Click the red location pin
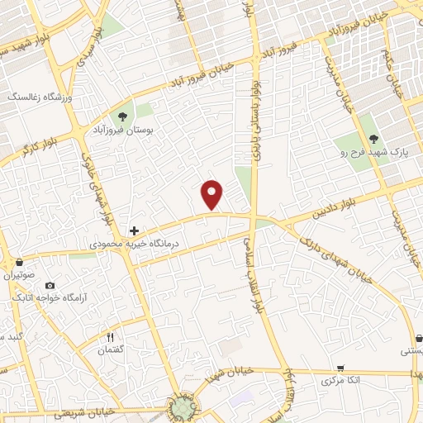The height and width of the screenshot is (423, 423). click(213, 193)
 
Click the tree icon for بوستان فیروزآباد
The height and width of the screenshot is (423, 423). click(122, 116)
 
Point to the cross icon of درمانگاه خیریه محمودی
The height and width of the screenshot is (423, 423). click(135, 231)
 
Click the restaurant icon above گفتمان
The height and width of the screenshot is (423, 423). click(109, 337)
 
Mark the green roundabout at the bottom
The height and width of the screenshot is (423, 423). click(183, 406)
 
